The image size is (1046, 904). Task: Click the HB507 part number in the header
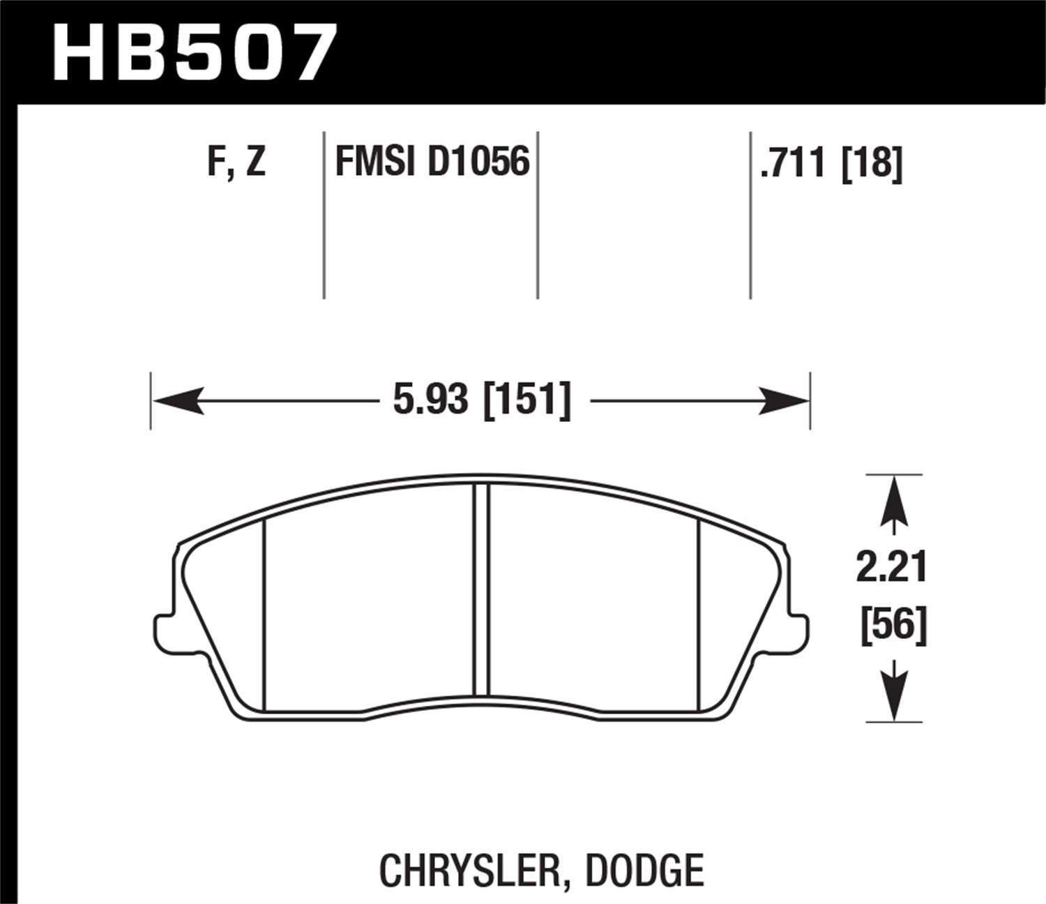coord(194,53)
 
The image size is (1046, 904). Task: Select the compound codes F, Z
coord(236,162)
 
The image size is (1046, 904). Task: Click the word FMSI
coord(375,162)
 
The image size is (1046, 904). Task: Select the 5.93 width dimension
coord(430,400)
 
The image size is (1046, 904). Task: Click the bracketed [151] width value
coord(527,400)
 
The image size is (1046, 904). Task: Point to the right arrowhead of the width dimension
coord(784,401)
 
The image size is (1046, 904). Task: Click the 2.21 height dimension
coord(892,566)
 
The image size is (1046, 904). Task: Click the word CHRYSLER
coord(468,871)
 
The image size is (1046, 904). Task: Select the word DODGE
coord(644,871)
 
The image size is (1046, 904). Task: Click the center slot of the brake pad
coord(482,589)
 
